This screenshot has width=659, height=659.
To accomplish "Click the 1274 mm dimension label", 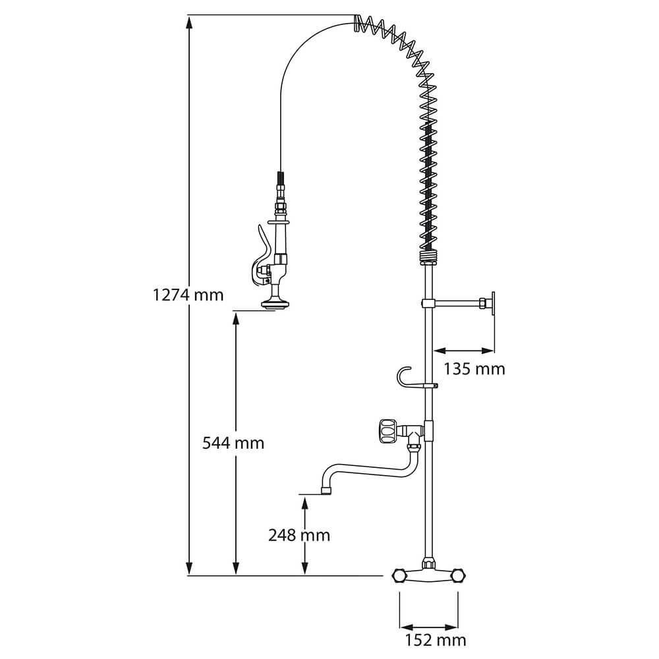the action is click(188, 295).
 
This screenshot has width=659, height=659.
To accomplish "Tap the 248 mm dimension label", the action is click(299, 535).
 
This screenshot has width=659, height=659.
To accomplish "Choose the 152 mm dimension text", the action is click(436, 640).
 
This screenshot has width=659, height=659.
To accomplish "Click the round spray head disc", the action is click(273, 303).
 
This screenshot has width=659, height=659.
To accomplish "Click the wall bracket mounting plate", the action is click(492, 303).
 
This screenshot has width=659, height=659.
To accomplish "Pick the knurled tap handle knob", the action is click(387, 430).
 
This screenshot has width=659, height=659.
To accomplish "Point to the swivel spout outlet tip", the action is click(327, 490).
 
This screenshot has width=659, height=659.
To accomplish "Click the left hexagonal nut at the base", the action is click(399, 576).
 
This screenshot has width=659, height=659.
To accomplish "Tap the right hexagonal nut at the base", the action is click(459, 576).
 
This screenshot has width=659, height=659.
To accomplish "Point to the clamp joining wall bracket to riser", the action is click(428, 303).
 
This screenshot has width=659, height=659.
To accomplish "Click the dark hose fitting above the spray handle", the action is click(280, 178).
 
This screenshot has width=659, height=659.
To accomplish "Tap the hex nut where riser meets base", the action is click(428, 562).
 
